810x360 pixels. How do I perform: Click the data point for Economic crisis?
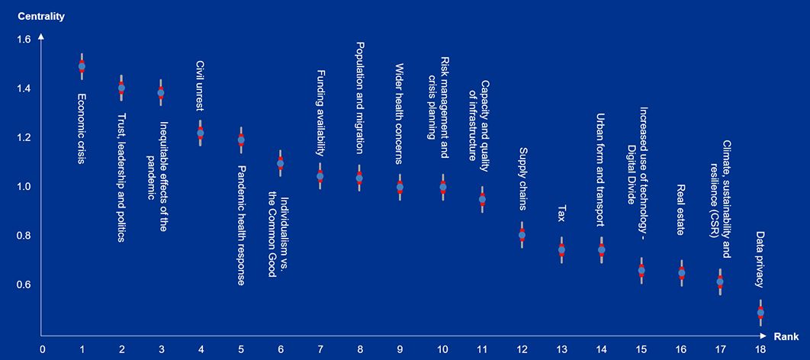[x=82, y=66]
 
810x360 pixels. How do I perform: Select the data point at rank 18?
[x=760, y=313]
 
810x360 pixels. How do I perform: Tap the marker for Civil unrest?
[x=201, y=133]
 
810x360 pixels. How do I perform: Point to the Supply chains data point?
[x=522, y=235]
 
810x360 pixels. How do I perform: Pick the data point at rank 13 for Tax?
[x=562, y=250]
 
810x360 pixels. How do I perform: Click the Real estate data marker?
[x=682, y=272]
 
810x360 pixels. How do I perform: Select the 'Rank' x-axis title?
[x=786, y=336]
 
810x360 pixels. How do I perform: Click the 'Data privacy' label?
[x=760, y=259]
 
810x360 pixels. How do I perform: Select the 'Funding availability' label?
[x=320, y=112]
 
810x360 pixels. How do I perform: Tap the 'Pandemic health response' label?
[x=240, y=225]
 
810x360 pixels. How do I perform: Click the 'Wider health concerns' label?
[x=400, y=114]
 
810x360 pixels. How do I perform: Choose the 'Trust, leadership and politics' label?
[x=121, y=177]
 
